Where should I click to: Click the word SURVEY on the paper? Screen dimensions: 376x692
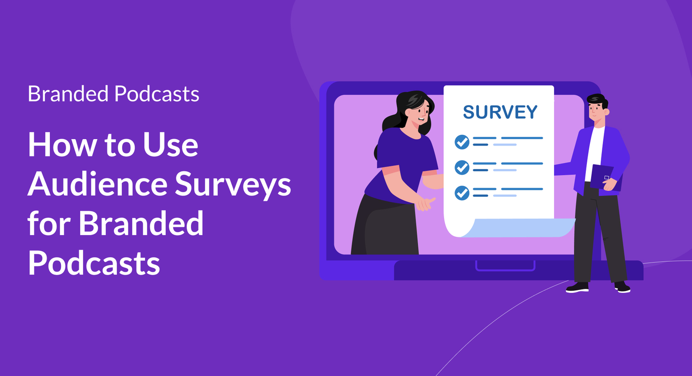[x=500, y=112]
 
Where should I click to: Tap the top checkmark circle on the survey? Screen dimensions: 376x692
[x=462, y=141]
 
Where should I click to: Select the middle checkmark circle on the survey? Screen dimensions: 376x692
[x=462, y=167]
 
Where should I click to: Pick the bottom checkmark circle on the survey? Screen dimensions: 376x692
[x=462, y=192]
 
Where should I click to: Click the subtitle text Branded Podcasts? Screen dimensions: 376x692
[x=114, y=94]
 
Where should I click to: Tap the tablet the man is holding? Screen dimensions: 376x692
[x=605, y=176]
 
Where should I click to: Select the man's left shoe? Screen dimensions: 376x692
[x=577, y=287]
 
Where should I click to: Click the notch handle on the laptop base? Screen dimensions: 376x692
[x=505, y=266]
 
